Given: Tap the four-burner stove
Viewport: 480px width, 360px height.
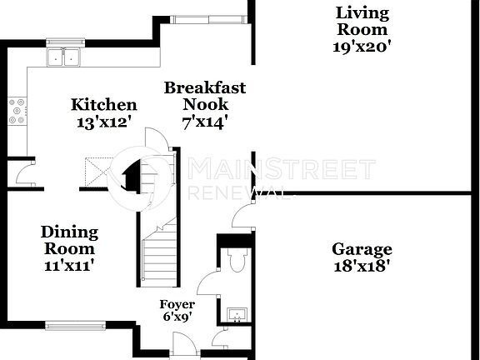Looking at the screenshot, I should [16, 110].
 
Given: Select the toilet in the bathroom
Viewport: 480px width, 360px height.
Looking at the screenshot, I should [236, 261].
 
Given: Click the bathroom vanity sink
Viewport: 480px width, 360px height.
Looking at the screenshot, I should [236, 315].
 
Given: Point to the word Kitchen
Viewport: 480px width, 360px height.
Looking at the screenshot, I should [103, 105].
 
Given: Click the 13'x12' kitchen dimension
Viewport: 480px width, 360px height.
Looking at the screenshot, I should [103, 121].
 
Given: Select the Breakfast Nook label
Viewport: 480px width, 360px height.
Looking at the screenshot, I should [204, 96].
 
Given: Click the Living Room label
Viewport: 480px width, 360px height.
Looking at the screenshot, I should [362, 21].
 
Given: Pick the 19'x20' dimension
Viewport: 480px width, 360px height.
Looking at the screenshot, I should [362, 47].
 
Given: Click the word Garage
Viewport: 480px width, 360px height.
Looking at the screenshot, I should [362, 249].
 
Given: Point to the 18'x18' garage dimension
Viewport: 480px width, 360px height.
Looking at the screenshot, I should [362, 267].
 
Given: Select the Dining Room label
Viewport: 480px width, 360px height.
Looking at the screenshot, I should [69, 240].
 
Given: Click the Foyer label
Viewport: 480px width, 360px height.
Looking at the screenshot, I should [177, 305].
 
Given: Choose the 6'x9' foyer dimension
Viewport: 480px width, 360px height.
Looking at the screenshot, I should [177, 317].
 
